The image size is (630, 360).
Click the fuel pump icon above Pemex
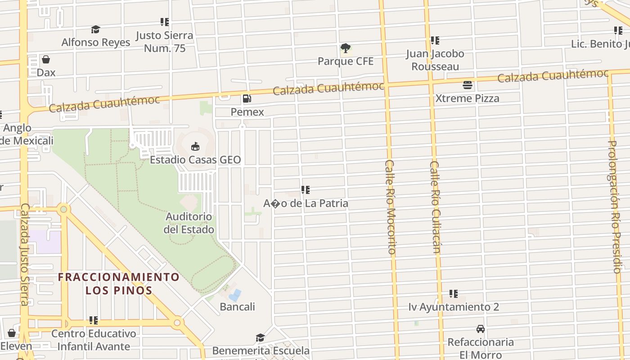click(247, 99)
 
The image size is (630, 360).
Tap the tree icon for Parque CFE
click(346, 48)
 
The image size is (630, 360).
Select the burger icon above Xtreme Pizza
click(468, 85)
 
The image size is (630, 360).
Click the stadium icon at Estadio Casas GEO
click(195, 146)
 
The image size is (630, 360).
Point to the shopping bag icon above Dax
click(46, 59)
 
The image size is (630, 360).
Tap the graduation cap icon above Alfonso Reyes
click(95, 30)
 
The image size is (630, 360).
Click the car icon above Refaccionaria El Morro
click(481, 329)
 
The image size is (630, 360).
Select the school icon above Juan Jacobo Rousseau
click(435, 40)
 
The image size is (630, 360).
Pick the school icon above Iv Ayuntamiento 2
click(454, 294)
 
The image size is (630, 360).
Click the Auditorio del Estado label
click(189, 223)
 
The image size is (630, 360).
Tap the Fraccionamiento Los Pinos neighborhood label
click(119, 283)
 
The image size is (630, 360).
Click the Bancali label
click(237, 307)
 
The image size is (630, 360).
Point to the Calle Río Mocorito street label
click(390, 207)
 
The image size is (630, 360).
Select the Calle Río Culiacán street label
click(434, 207)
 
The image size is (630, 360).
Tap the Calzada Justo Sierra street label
click(24, 254)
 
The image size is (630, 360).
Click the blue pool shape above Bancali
click(235, 295)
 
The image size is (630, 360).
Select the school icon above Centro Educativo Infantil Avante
click(94, 320)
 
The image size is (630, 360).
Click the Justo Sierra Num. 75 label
click(164, 42)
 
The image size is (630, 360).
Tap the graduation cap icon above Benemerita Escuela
click(260, 337)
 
